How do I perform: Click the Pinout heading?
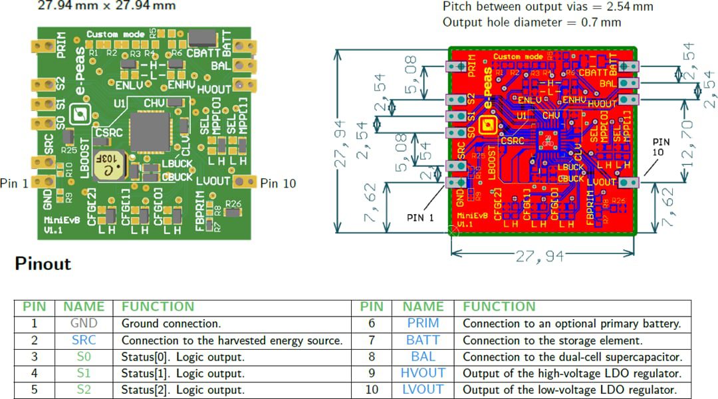pos(43,264)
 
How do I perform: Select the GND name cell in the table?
pos(84,324)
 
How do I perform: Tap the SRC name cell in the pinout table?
pos(84,340)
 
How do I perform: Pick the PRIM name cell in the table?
pos(423,324)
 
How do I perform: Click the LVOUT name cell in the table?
pos(423,390)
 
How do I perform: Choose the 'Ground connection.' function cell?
pos(171,324)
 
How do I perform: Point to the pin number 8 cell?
pos(371,357)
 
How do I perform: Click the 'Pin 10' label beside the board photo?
pos(278,184)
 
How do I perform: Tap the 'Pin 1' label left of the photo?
pos(14,184)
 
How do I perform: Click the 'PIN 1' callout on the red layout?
pos(421,217)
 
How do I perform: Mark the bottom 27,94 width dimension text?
pos(539,256)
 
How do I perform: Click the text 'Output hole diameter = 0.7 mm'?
pos(532,22)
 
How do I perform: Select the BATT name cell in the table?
pos(423,340)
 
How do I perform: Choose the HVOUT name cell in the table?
pos(423,373)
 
